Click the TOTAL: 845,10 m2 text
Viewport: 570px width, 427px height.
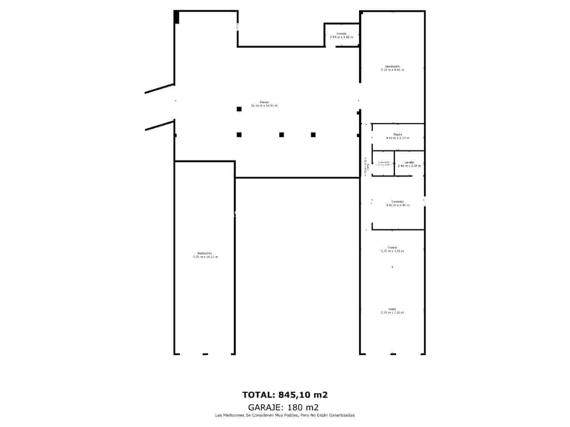(x=285, y=395)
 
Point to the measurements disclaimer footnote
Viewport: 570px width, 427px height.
(x=285, y=415)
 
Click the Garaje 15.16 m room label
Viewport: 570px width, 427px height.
(x=264, y=104)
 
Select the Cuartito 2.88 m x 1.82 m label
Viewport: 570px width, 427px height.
(x=342, y=35)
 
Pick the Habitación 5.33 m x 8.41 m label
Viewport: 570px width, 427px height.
(x=392, y=68)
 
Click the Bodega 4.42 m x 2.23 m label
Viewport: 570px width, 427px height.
(x=398, y=136)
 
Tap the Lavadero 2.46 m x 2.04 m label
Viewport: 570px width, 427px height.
(x=409, y=164)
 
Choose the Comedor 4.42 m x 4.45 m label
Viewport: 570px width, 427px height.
(x=398, y=203)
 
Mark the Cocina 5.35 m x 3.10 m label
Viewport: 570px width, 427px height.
(x=392, y=249)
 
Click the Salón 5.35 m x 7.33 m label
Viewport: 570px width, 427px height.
(x=392, y=311)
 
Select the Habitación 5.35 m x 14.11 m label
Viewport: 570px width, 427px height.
(x=205, y=255)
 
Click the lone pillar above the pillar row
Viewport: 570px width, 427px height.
(x=239, y=109)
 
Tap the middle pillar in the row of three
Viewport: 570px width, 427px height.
(x=281, y=135)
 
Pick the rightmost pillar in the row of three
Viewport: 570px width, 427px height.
(x=313, y=135)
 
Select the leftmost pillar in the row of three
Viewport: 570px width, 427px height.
(x=239, y=135)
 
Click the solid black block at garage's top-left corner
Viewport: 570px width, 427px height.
(x=176, y=17)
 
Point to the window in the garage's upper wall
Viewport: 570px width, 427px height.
(x=238, y=27)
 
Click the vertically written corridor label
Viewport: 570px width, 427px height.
(x=365, y=167)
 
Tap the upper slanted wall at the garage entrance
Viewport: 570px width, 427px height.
(x=159, y=89)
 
